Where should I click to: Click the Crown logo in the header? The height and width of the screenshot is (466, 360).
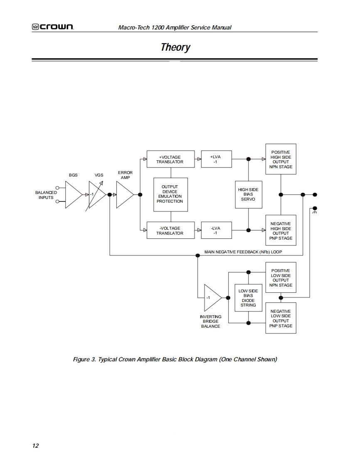(x=53, y=27)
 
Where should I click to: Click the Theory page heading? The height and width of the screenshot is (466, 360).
(x=175, y=47)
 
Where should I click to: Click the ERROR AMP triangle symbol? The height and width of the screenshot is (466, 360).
(x=125, y=195)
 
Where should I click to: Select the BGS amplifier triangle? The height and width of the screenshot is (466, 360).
(x=74, y=195)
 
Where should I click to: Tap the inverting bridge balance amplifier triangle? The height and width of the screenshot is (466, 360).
(x=212, y=298)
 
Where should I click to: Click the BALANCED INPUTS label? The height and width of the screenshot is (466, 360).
(x=46, y=195)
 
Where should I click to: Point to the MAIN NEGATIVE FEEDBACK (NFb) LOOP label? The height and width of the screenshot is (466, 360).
(x=243, y=252)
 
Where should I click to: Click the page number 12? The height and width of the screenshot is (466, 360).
(x=35, y=446)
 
